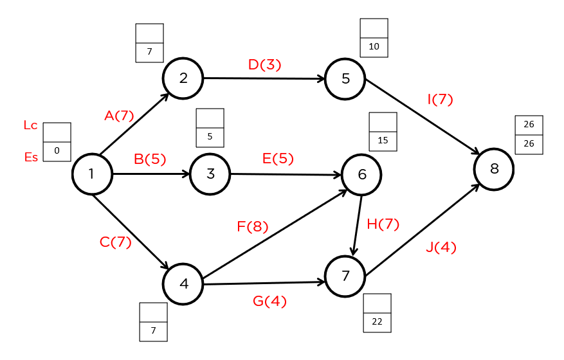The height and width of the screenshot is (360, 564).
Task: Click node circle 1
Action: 92,174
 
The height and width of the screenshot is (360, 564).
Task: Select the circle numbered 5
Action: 345,79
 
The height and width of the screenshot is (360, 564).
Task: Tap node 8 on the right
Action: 494,169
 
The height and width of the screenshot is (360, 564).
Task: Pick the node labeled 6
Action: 361,174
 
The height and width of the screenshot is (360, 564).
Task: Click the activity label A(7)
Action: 119,116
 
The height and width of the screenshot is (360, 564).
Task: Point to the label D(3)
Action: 265,64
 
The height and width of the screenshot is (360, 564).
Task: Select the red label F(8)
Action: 252,226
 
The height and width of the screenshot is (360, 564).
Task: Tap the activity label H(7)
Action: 383,224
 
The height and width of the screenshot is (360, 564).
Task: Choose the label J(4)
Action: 441,248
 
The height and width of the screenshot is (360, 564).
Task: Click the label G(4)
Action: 270,300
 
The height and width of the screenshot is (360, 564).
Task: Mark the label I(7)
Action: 440,100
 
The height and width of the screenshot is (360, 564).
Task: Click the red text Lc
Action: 30,126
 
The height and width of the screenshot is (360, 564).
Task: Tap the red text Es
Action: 31,157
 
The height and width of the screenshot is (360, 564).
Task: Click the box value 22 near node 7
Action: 377,322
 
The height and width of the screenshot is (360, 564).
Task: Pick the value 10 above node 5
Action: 374,47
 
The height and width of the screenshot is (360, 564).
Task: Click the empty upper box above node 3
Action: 210,118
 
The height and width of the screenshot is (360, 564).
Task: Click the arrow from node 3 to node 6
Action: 286,174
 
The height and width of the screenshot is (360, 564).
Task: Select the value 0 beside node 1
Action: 57,151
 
